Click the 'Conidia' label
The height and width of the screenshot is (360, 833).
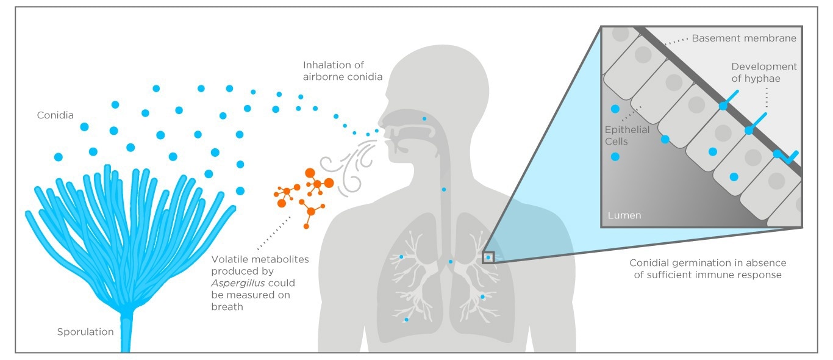(x=54, y=114)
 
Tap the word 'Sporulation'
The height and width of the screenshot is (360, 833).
(x=85, y=333)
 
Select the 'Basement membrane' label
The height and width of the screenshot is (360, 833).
(x=744, y=38)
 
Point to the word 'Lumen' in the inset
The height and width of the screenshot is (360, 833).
(x=624, y=216)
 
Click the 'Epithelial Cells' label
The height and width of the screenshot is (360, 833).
(x=627, y=135)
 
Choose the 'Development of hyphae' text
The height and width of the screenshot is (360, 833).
(x=764, y=72)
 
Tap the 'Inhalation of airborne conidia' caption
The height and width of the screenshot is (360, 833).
(x=343, y=70)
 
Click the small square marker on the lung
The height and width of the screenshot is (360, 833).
(x=488, y=257)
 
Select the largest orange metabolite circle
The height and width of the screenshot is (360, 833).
(x=310, y=173)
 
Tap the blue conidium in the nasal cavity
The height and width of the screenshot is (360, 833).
(x=424, y=118)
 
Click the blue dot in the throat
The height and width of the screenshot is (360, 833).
(x=444, y=190)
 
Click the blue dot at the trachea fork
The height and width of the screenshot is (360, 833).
(x=451, y=262)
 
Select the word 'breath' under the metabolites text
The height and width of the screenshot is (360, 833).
(x=227, y=307)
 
